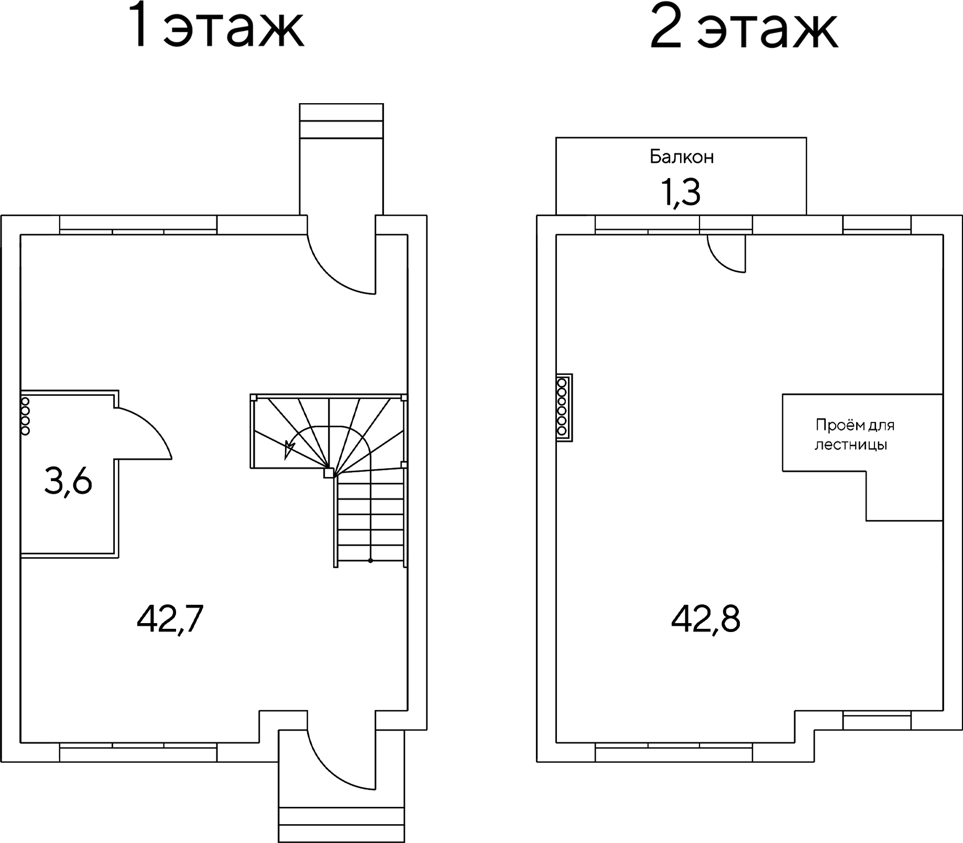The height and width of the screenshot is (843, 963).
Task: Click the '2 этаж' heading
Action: [743, 26]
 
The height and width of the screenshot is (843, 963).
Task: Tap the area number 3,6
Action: [68, 482]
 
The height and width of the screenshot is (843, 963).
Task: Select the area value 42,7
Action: [170, 619]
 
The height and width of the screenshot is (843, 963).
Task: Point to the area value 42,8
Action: [705, 619]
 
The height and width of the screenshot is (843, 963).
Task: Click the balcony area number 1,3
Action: [680, 192]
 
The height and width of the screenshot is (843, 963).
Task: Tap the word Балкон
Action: [682, 157]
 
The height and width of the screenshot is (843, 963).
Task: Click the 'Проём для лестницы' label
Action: [855, 435]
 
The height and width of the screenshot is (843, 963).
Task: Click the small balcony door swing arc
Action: [720, 262]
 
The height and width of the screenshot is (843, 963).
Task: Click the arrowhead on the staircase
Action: [289, 450]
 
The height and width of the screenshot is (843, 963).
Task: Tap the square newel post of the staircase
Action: [329, 473]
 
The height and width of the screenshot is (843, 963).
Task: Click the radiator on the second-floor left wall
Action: [564, 407]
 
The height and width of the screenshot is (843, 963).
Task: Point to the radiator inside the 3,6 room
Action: [25, 416]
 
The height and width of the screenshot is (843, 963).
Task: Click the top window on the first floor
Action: [138, 225]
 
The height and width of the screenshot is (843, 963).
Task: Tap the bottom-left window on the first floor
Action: [138, 752]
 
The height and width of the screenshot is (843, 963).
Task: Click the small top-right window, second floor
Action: [877, 225]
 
